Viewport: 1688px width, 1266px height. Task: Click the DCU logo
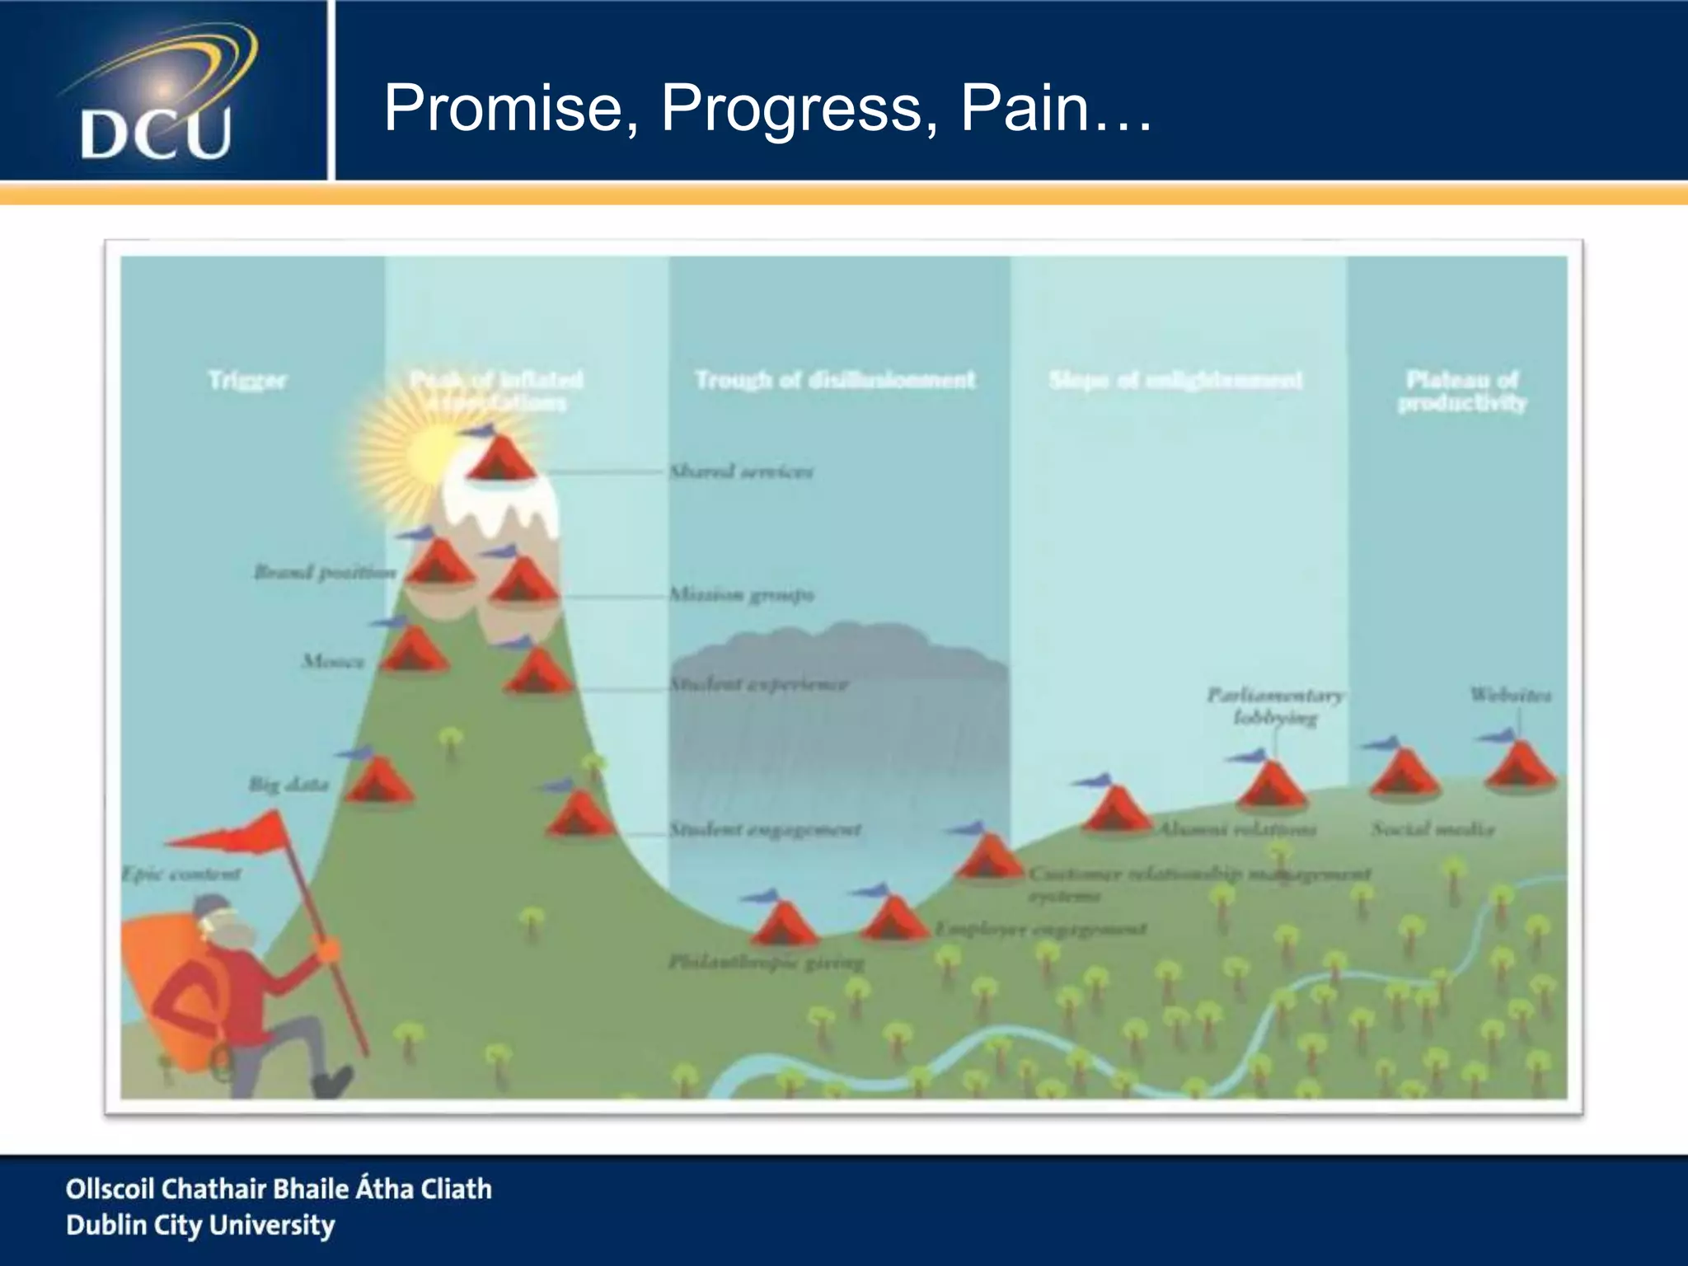157,92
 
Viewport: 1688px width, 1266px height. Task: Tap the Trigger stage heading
247,381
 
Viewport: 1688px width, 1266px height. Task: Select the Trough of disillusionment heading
835,380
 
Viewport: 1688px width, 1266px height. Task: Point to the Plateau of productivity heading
1462,391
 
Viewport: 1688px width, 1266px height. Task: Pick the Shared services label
741,471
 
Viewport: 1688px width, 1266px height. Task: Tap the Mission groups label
741,594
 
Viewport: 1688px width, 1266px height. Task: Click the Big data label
288,784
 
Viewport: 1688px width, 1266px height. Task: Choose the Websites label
1510,695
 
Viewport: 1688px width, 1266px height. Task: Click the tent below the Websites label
1520,765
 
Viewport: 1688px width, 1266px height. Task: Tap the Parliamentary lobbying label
1275,706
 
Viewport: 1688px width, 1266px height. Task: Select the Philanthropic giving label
767,962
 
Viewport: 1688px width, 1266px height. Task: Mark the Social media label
1432,829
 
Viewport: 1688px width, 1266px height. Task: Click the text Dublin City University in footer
200,1226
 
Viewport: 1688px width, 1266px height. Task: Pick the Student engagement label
765,829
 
